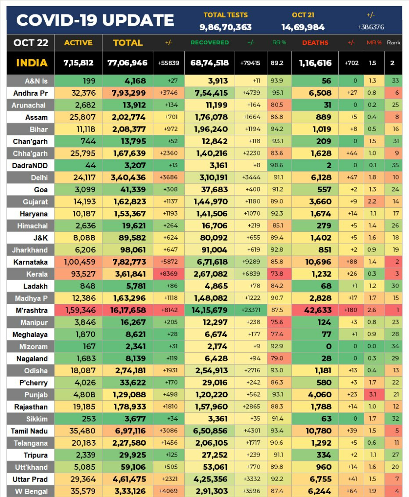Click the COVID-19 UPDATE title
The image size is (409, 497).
(95, 20)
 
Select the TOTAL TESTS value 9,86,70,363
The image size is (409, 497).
(226, 27)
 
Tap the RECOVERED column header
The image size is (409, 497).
(209, 43)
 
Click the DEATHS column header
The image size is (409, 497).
(315, 43)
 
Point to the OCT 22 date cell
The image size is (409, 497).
(30, 43)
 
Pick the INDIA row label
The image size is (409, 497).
(32, 63)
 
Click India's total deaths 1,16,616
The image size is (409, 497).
(315, 63)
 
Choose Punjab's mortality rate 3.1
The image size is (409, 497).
(373, 395)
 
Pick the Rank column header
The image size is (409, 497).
(394, 43)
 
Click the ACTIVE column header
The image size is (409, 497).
(79, 43)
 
